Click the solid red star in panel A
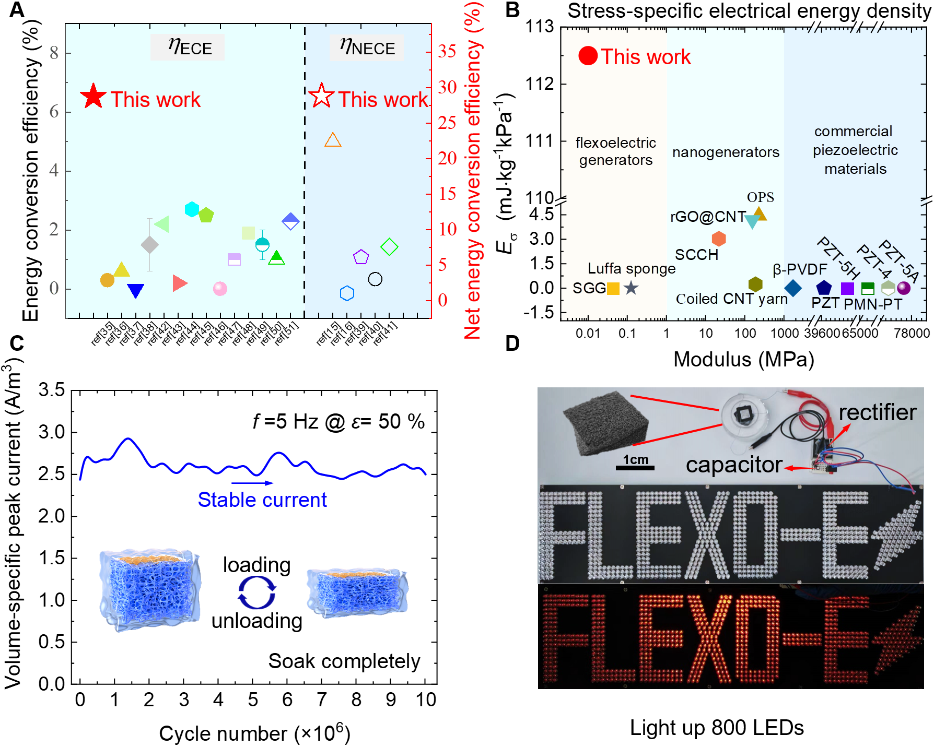(x=93, y=96)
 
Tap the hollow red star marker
(x=321, y=96)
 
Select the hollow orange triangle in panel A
(x=333, y=140)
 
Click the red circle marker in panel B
(x=588, y=56)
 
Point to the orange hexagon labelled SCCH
(x=719, y=239)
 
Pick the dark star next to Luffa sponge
(x=631, y=288)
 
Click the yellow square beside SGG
(x=613, y=288)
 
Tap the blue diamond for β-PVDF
(x=793, y=288)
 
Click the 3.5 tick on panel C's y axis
(x=52, y=390)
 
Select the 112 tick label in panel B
(x=539, y=84)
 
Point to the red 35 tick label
(x=447, y=51)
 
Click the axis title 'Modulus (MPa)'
(x=743, y=360)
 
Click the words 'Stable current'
(x=262, y=500)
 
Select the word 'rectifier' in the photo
(x=877, y=412)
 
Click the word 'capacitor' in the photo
(x=734, y=465)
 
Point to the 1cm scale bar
(x=635, y=467)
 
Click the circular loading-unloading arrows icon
(x=256, y=593)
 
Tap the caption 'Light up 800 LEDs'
(x=717, y=727)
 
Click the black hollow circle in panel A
(x=375, y=279)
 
